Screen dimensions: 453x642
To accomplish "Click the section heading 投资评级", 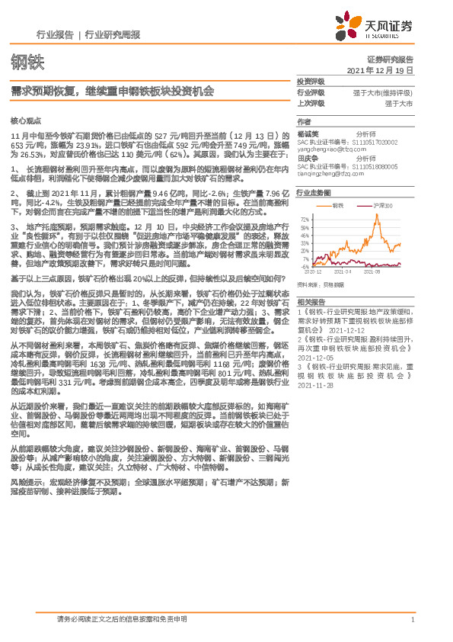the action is [x=310, y=81].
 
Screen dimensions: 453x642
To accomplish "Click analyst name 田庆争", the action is [x=308, y=159].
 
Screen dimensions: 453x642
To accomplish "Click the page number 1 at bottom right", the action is [x=412, y=620].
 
